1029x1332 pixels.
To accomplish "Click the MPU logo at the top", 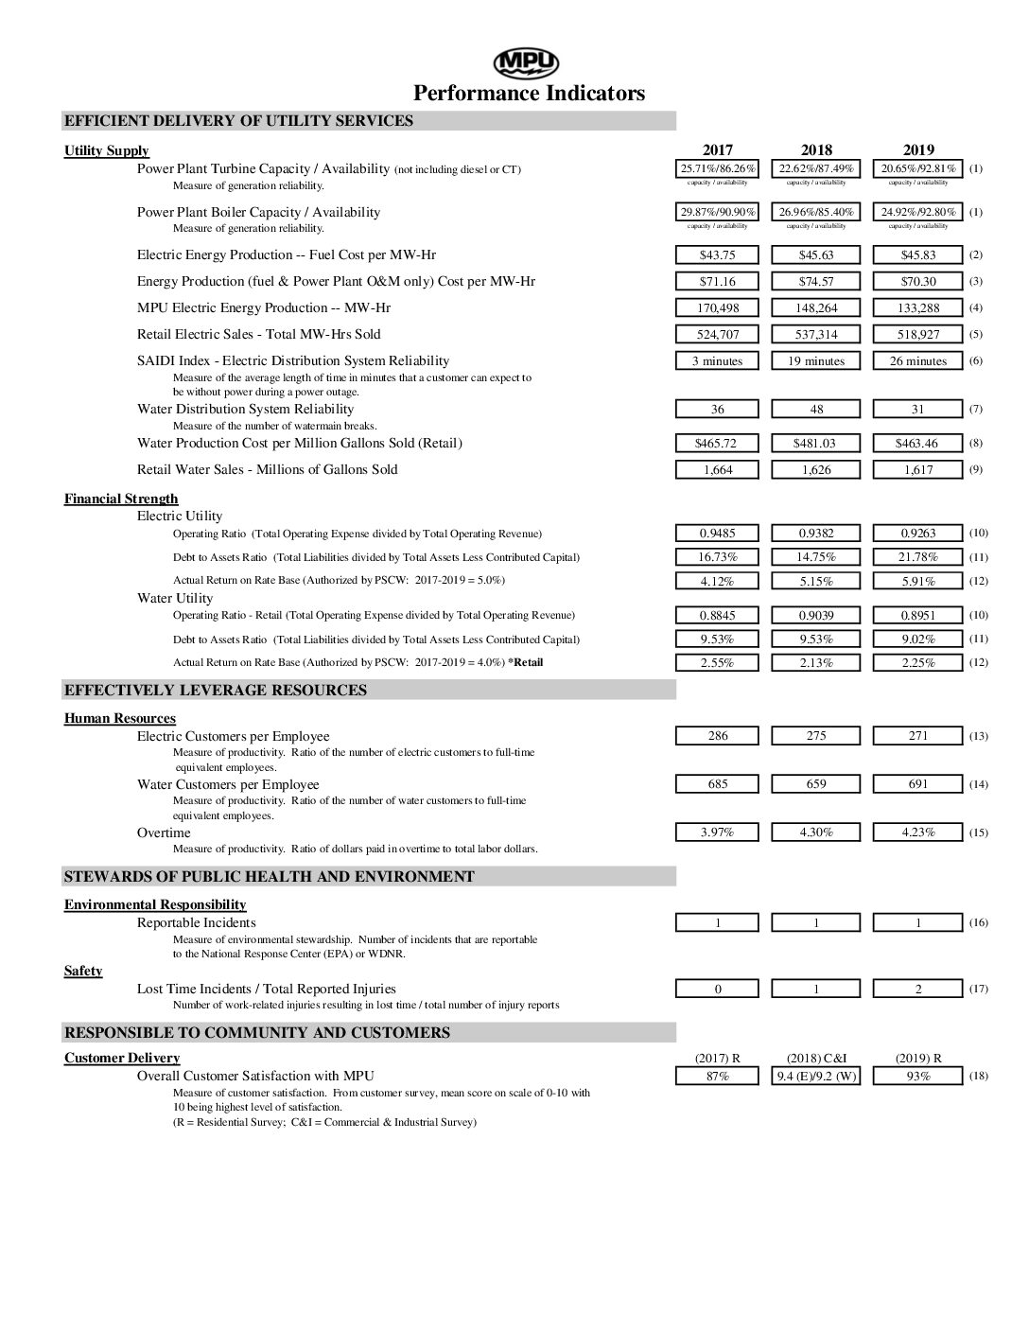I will click(527, 63).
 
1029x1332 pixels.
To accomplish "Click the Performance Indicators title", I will click(529, 93).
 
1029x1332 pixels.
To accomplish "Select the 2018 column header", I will click(816, 149).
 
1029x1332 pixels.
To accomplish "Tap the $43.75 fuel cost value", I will click(717, 255).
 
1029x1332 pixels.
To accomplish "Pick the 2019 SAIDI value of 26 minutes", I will click(917, 360).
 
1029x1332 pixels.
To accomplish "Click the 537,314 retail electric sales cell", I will click(816, 334).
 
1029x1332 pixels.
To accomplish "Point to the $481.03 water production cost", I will click(816, 443).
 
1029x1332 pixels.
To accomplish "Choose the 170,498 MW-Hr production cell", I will click(717, 307).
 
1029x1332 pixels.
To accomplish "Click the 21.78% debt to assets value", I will click(917, 557).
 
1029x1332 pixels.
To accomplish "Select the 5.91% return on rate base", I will click(917, 581).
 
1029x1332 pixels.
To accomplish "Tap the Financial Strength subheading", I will click(121, 499).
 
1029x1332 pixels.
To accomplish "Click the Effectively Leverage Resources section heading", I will click(215, 690).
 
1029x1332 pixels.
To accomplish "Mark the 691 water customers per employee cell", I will click(917, 784).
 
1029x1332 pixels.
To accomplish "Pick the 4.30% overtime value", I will click(816, 832).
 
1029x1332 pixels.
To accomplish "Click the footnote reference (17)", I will click(978, 990).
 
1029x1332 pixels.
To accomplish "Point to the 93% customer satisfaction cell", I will click(917, 1077).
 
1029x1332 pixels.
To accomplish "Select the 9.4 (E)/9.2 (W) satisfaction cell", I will click(816, 1077).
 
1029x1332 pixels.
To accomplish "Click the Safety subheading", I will click(83, 972).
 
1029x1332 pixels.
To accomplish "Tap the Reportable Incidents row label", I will click(197, 922).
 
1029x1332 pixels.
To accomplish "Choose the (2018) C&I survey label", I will click(816, 1058).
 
